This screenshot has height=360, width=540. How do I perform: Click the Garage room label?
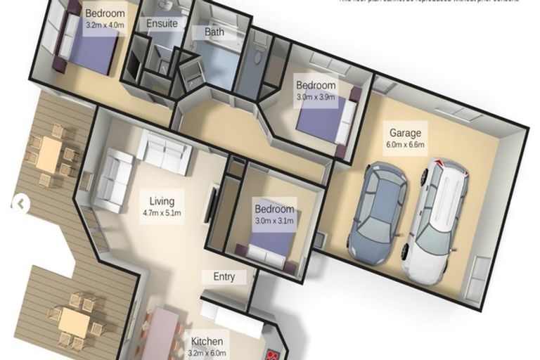click(x=406, y=133)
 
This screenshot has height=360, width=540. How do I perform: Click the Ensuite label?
click(x=162, y=23)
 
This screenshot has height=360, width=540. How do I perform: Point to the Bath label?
click(x=214, y=32)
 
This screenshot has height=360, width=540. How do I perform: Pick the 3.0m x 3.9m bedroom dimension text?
click(x=315, y=97)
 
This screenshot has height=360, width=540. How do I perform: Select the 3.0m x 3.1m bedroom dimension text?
click(x=274, y=221)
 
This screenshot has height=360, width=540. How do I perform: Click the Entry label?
click(x=224, y=276)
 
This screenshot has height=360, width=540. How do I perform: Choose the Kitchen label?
click(x=207, y=342)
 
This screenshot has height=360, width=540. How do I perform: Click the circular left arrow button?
click(x=19, y=203)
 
